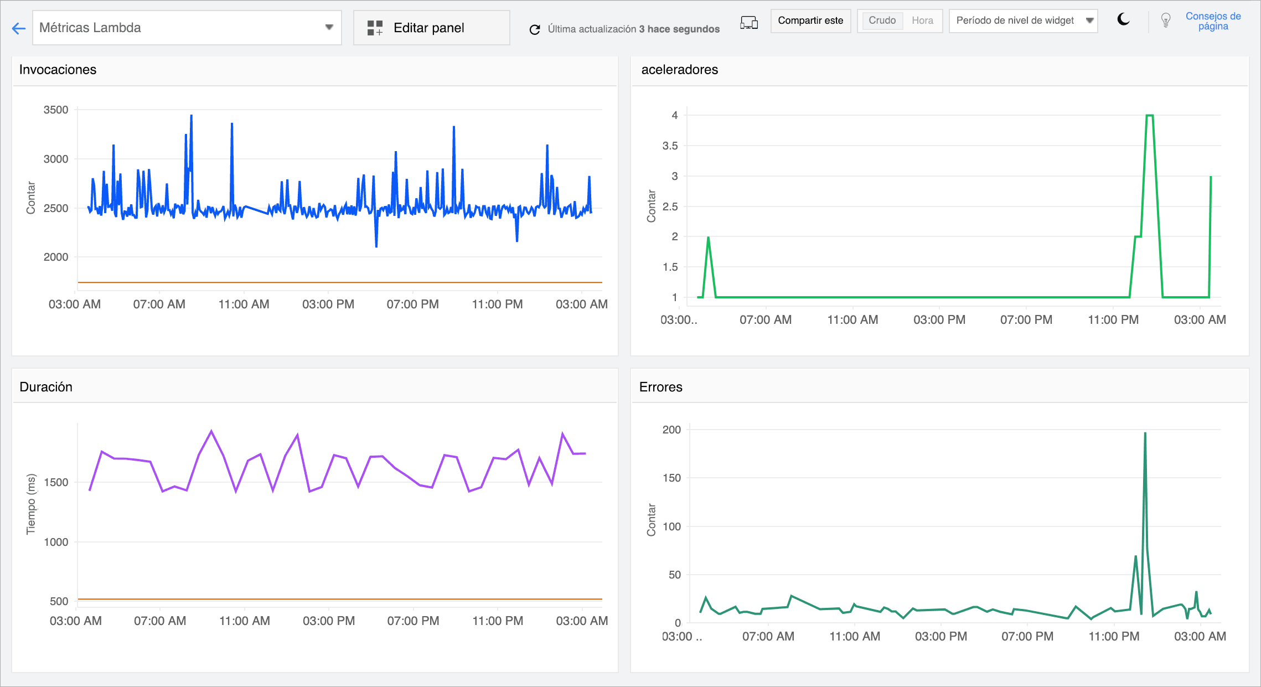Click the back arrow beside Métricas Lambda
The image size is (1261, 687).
coord(19,28)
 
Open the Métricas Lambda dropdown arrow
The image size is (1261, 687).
coord(329,27)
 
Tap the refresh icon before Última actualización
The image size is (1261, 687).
coord(534,29)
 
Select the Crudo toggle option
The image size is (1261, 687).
coord(881,20)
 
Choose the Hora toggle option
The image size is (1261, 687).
coord(922,20)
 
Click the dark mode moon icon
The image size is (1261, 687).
coord(1123,20)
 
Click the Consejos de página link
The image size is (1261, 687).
coord(1212,21)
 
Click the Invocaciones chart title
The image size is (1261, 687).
coord(58,70)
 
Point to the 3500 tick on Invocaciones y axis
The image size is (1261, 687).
coord(56,110)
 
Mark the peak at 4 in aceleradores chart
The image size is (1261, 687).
coord(1149,116)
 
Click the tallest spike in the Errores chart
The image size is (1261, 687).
coord(1145,434)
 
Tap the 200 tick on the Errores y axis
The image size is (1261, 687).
coord(671,430)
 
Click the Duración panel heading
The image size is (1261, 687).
coord(46,387)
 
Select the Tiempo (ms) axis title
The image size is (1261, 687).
coord(31,504)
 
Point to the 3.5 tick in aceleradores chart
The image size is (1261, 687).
coord(670,146)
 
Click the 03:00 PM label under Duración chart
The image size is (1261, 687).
coord(329,621)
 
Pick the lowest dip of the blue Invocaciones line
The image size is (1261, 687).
coord(376,246)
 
